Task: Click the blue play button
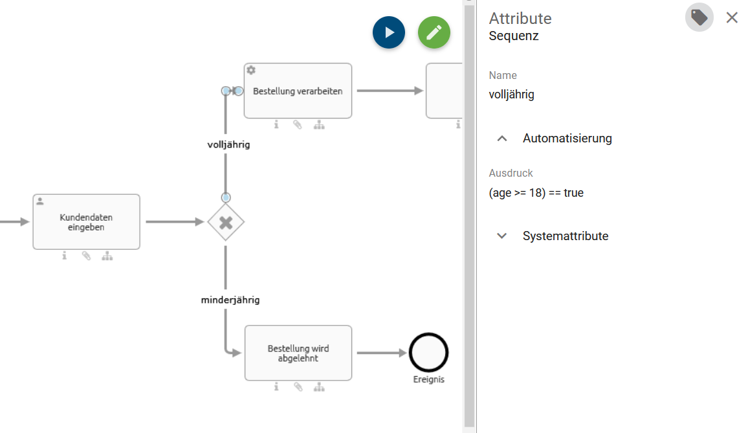click(389, 32)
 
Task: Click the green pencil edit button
click(434, 32)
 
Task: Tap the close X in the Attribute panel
click(732, 17)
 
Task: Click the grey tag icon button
click(699, 17)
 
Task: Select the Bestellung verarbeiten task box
click(298, 91)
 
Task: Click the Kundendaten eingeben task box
click(86, 223)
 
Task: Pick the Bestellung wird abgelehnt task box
click(298, 353)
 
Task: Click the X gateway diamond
click(225, 223)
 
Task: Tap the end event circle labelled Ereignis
click(428, 353)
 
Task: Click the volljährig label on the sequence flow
click(228, 145)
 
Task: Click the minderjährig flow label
click(230, 300)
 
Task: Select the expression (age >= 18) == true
click(536, 193)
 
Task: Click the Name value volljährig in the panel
click(512, 94)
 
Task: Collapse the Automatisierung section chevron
click(502, 139)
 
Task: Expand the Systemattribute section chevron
click(502, 236)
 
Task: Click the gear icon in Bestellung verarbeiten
click(252, 70)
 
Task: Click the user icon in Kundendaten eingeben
click(40, 201)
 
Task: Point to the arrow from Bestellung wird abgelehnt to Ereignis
click(380, 353)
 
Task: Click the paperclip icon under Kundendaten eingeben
click(86, 256)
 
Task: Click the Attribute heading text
click(520, 18)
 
